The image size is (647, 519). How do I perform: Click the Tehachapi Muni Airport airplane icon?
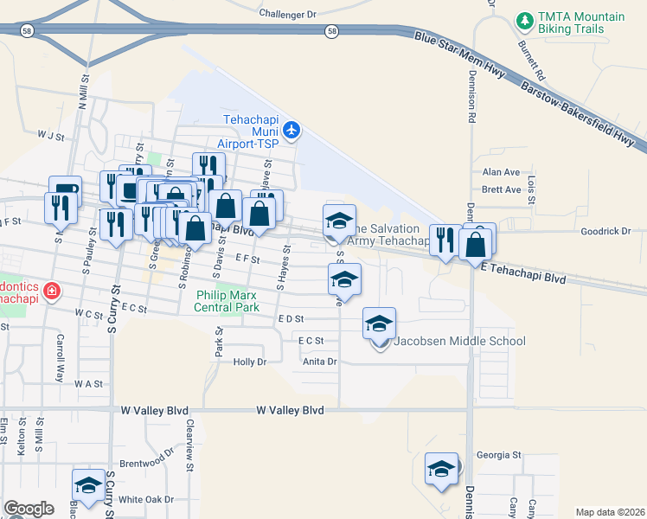(291, 131)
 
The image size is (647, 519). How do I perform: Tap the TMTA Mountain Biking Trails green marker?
(523, 19)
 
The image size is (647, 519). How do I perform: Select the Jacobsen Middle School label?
(459, 341)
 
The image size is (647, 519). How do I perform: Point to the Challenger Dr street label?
(288, 15)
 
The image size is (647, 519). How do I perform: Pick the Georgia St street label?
(499, 454)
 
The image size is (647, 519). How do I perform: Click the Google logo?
(29, 508)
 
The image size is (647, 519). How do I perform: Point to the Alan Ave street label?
(501, 173)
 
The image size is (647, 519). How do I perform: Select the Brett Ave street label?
(501, 189)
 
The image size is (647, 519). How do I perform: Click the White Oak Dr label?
(146, 499)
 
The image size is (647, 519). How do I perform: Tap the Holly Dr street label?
(250, 362)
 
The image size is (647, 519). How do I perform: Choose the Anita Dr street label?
(319, 362)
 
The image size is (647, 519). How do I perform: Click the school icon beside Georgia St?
(441, 470)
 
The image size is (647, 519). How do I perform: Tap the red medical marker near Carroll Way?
(52, 290)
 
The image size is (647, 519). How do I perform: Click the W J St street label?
(51, 136)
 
